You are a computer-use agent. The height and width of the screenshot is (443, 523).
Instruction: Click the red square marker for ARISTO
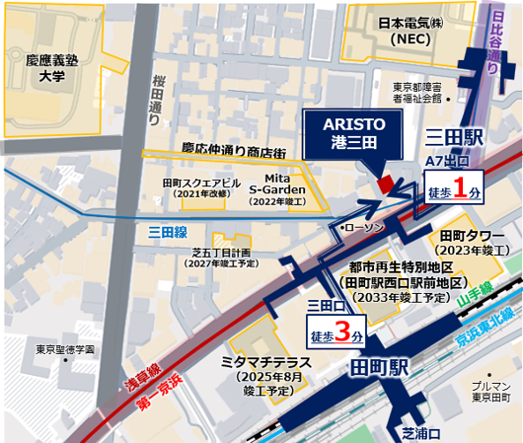[386, 184]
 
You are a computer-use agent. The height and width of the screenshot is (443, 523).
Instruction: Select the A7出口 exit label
[448, 161]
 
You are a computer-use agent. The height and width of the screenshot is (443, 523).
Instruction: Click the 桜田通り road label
[157, 99]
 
